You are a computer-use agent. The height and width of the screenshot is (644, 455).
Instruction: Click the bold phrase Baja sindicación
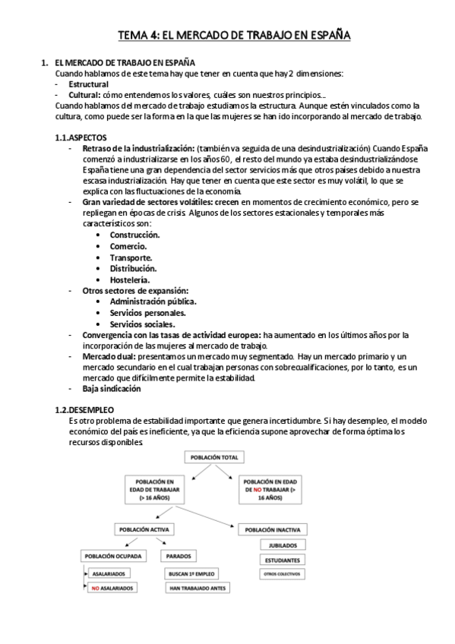[x=112, y=388]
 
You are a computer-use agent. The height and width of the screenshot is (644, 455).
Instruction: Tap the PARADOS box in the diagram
[x=178, y=556]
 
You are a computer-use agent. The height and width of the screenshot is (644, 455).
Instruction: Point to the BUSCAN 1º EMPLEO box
[x=196, y=573]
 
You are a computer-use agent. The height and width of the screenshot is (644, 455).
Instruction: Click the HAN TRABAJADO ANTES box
[x=196, y=588]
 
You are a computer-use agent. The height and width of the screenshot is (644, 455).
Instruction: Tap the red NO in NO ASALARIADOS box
[x=96, y=589]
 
